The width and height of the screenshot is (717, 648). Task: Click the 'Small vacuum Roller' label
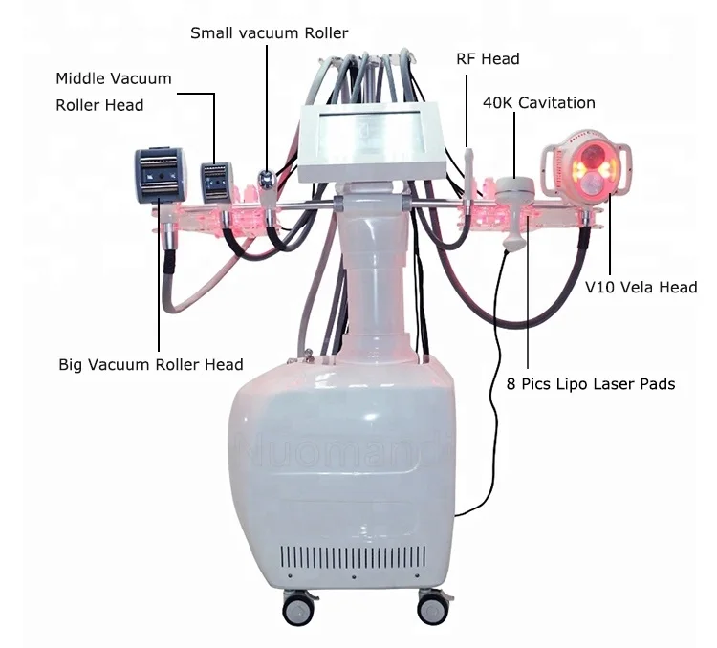269,33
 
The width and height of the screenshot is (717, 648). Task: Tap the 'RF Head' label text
488,59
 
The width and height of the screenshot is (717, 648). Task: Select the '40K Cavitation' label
539,103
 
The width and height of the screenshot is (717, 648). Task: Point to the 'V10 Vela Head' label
641,287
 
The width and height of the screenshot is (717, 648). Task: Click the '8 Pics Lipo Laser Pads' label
591,383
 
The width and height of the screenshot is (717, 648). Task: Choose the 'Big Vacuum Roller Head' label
151,364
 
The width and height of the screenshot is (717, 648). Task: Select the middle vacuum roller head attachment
216,183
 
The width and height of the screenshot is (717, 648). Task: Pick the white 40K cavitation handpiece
514,205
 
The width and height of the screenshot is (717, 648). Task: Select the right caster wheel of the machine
433,607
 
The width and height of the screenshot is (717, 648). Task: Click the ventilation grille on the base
353,556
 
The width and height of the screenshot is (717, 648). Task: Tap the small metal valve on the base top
309,355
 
